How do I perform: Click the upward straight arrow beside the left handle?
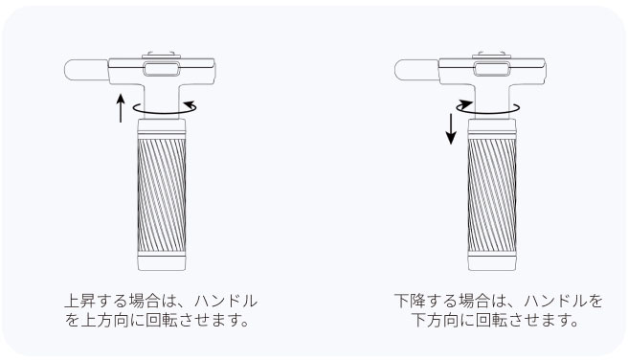pyautogui.click(x=121, y=108)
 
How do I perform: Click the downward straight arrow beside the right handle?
pyautogui.click(x=451, y=129)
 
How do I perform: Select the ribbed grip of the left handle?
pyautogui.click(x=162, y=195)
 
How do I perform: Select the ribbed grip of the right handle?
pyautogui.click(x=492, y=195)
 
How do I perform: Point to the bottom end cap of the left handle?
pyautogui.click(x=162, y=261)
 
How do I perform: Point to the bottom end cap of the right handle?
pyautogui.click(x=492, y=261)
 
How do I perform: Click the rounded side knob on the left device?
pyautogui.click(x=86, y=70)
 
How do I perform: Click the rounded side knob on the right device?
pyautogui.click(x=416, y=70)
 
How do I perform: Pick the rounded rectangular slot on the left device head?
pyautogui.click(x=162, y=69)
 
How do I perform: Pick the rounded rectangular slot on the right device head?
pyautogui.click(x=492, y=69)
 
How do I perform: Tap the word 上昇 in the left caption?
pyautogui.click(x=80, y=301)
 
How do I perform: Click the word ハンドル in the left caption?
pyautogui.click(x=226, y=301)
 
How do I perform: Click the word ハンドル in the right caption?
pyautogui.click(x=556, y=301)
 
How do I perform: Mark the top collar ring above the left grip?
pyautogui.click(x=162, y=128)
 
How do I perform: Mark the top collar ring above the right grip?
pyautogui.click(x=492, y=128)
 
